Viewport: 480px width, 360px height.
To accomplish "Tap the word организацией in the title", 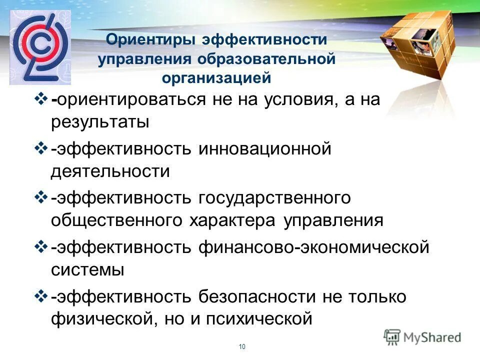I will tap(216, 78).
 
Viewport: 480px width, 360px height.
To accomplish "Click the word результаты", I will tap(100, 122).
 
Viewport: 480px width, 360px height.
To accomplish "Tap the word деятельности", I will tap(110, 171).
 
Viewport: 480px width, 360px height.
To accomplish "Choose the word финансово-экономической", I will tap(314, 246).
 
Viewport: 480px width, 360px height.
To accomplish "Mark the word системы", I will tap(87, 269).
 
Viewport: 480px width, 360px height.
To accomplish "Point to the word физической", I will tap(103, 318).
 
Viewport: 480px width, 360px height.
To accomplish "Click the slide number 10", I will tap(242, 347).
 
